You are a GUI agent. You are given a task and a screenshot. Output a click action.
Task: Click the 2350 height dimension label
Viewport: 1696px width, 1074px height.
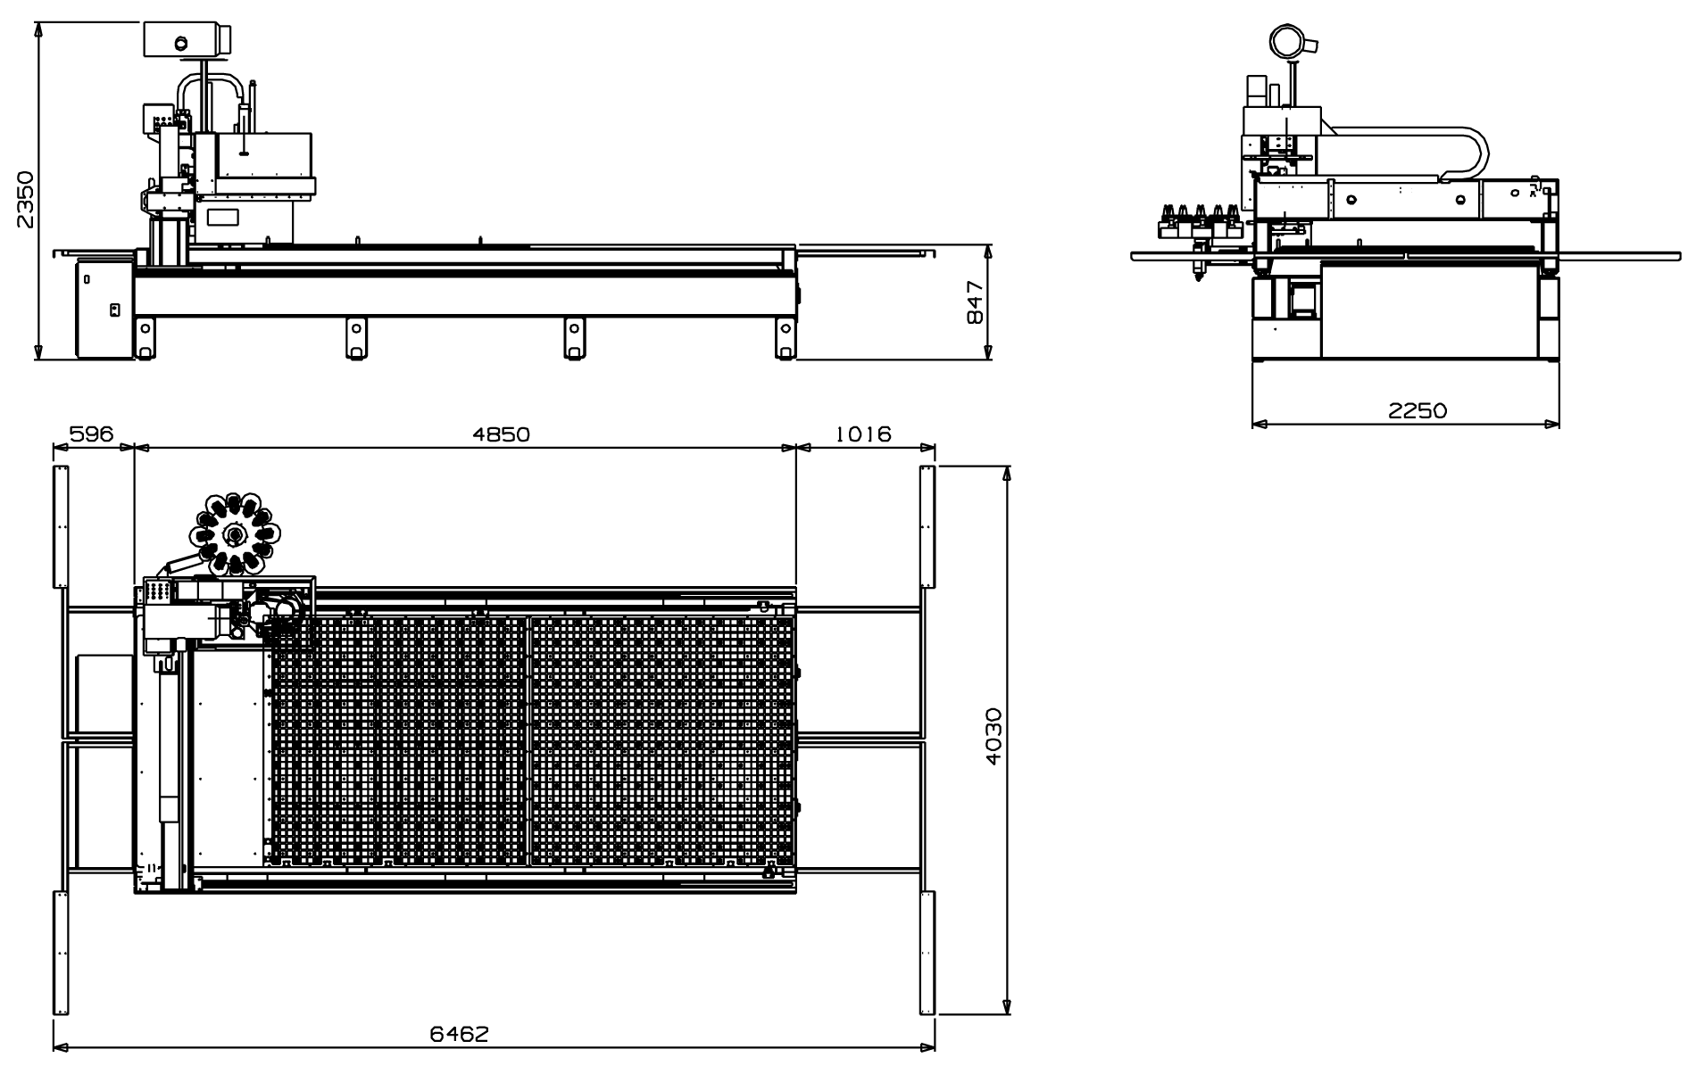pos(26,200)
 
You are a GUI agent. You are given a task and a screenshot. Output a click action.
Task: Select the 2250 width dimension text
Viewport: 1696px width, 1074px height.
pos(1417,410)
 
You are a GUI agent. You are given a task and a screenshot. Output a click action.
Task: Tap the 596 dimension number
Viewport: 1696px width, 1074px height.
pos(92,434)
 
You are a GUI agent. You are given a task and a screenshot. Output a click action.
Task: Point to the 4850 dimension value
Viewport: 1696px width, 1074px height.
pos(502,434)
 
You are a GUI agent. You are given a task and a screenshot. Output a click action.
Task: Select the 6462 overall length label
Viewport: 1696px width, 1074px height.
pos(460,1034)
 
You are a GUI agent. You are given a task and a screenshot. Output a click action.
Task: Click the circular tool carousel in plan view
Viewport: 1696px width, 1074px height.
pos(235,533)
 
